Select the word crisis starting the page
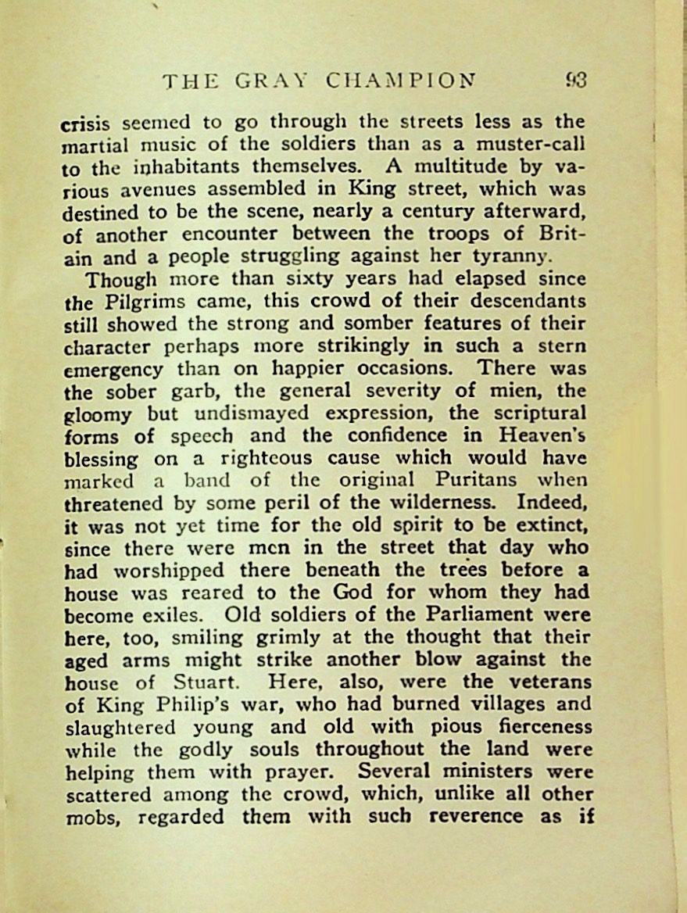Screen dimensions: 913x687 [88, 124]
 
